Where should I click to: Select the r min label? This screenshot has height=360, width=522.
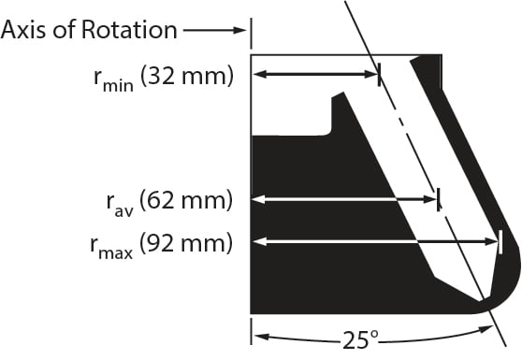coord(111,77)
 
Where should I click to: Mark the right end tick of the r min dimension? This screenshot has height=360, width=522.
coord(379,75)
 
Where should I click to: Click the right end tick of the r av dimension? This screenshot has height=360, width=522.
coord(439,198)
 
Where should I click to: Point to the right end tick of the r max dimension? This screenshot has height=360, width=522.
coord(502,242)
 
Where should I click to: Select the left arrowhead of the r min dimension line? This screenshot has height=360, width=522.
coord(259,75)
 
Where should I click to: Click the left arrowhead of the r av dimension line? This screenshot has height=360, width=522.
coord(259,198)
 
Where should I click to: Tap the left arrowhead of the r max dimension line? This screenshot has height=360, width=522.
coord(259,242)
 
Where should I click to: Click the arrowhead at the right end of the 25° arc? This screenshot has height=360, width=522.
coord(486,329)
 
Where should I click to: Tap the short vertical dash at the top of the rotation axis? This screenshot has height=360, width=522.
coord(250,30)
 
